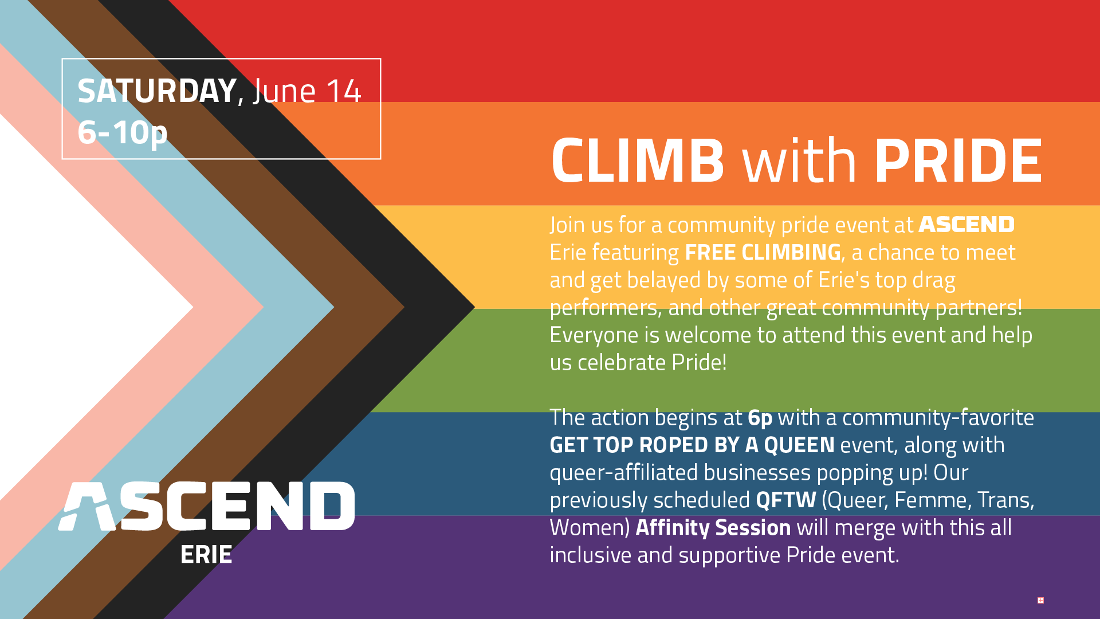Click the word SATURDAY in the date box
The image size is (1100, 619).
click(x=157, y=91)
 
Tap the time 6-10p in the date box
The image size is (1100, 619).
click(x=123, y=133)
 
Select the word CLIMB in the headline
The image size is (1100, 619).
click(x=638, y=161)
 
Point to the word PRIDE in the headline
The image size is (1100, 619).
click(x=958, y=161)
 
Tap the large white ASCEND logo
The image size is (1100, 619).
click(x=207, y=506)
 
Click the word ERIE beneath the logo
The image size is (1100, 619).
click(x=206, y=555)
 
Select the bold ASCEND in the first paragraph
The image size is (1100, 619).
click(x=967, y=225)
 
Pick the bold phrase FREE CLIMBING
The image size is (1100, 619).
click(x=763, y=252)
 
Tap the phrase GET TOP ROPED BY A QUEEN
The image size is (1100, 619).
click(x=692, y=445)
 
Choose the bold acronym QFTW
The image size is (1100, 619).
click(x=786, y=500)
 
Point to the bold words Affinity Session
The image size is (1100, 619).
click(x=713, y=528)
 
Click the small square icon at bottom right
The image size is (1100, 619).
click(x=1040, y=601)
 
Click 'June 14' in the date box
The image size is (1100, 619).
click(x=307, y=91)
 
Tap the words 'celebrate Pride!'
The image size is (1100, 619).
click(x=652, y=363)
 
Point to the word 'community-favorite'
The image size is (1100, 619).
click(x=938, y=418)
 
